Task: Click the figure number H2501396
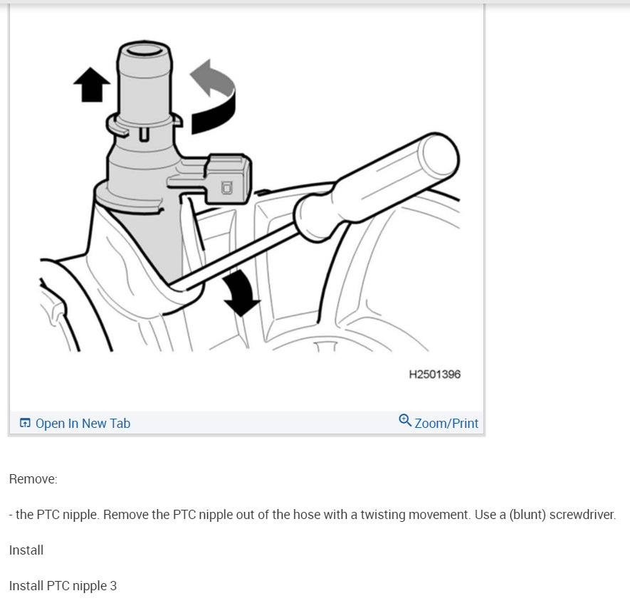click(x=434, y=374)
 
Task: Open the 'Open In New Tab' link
click(x=83, y=424)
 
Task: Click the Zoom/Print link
click(x=446, y=424)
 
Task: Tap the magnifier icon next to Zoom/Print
click(x=405, y=421)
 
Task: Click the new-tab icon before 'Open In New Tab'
click(x=25, y=424)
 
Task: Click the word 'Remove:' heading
click(x=33, y=479)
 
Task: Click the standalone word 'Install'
click(x=26, y=550)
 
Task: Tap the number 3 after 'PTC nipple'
click(x=113, y=586)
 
